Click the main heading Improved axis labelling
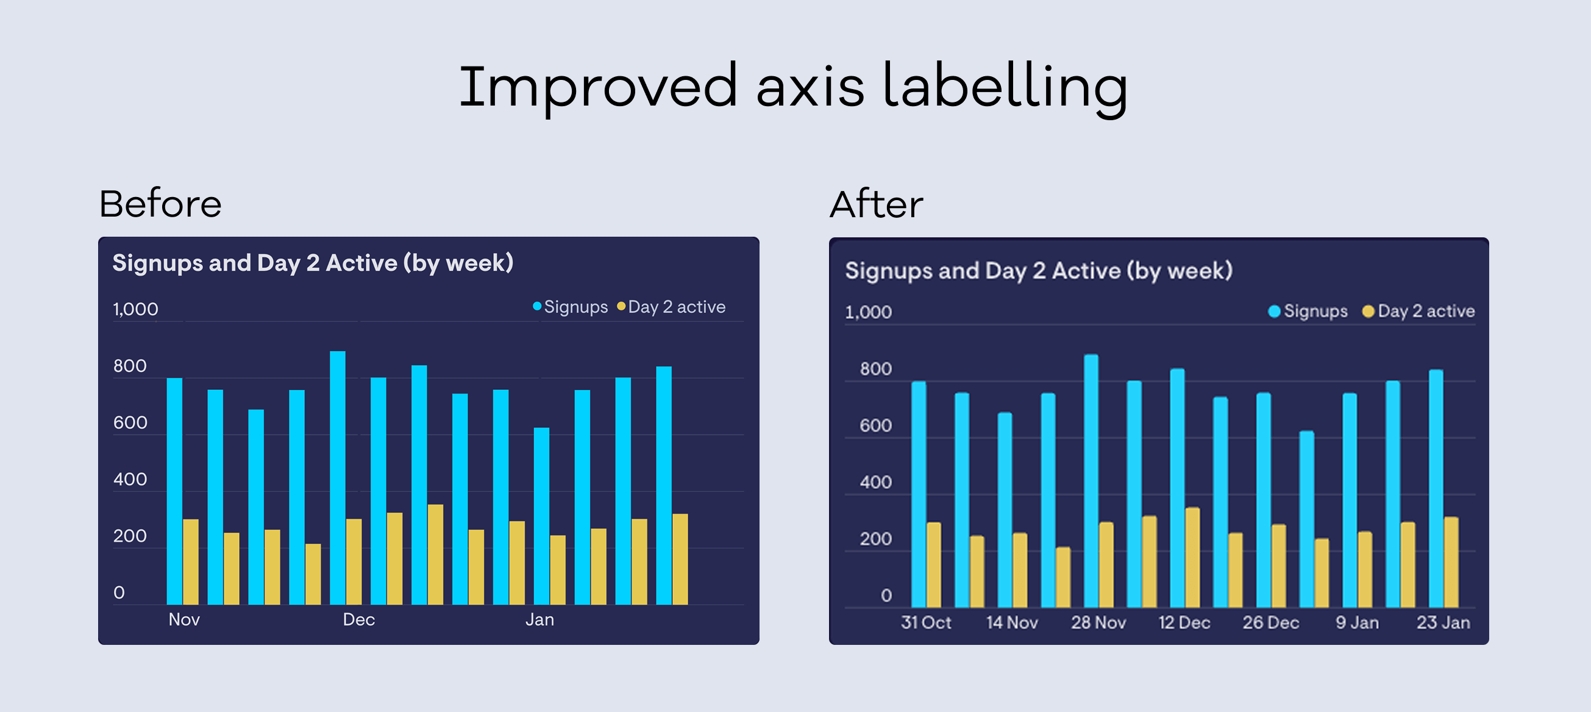coord(794,87)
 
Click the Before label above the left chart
coord(160,204)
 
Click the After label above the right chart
coord(876,204)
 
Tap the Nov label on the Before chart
coord(184,619)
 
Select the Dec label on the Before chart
coord(359,619)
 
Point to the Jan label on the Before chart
coord(539,619)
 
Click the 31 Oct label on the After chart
coord(926,622)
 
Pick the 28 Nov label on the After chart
coord(1098,622)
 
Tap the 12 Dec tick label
coord(1184,622)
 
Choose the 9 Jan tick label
coord(1357,622)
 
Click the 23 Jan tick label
coord(1443,622)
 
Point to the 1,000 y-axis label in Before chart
coord(135,309)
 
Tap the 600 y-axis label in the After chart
coord(875,426)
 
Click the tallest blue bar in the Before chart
coord(337,476)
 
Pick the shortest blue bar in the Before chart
coord(541,516)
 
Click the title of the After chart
coord(1038,271)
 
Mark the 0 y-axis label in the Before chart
coord(119,592)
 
